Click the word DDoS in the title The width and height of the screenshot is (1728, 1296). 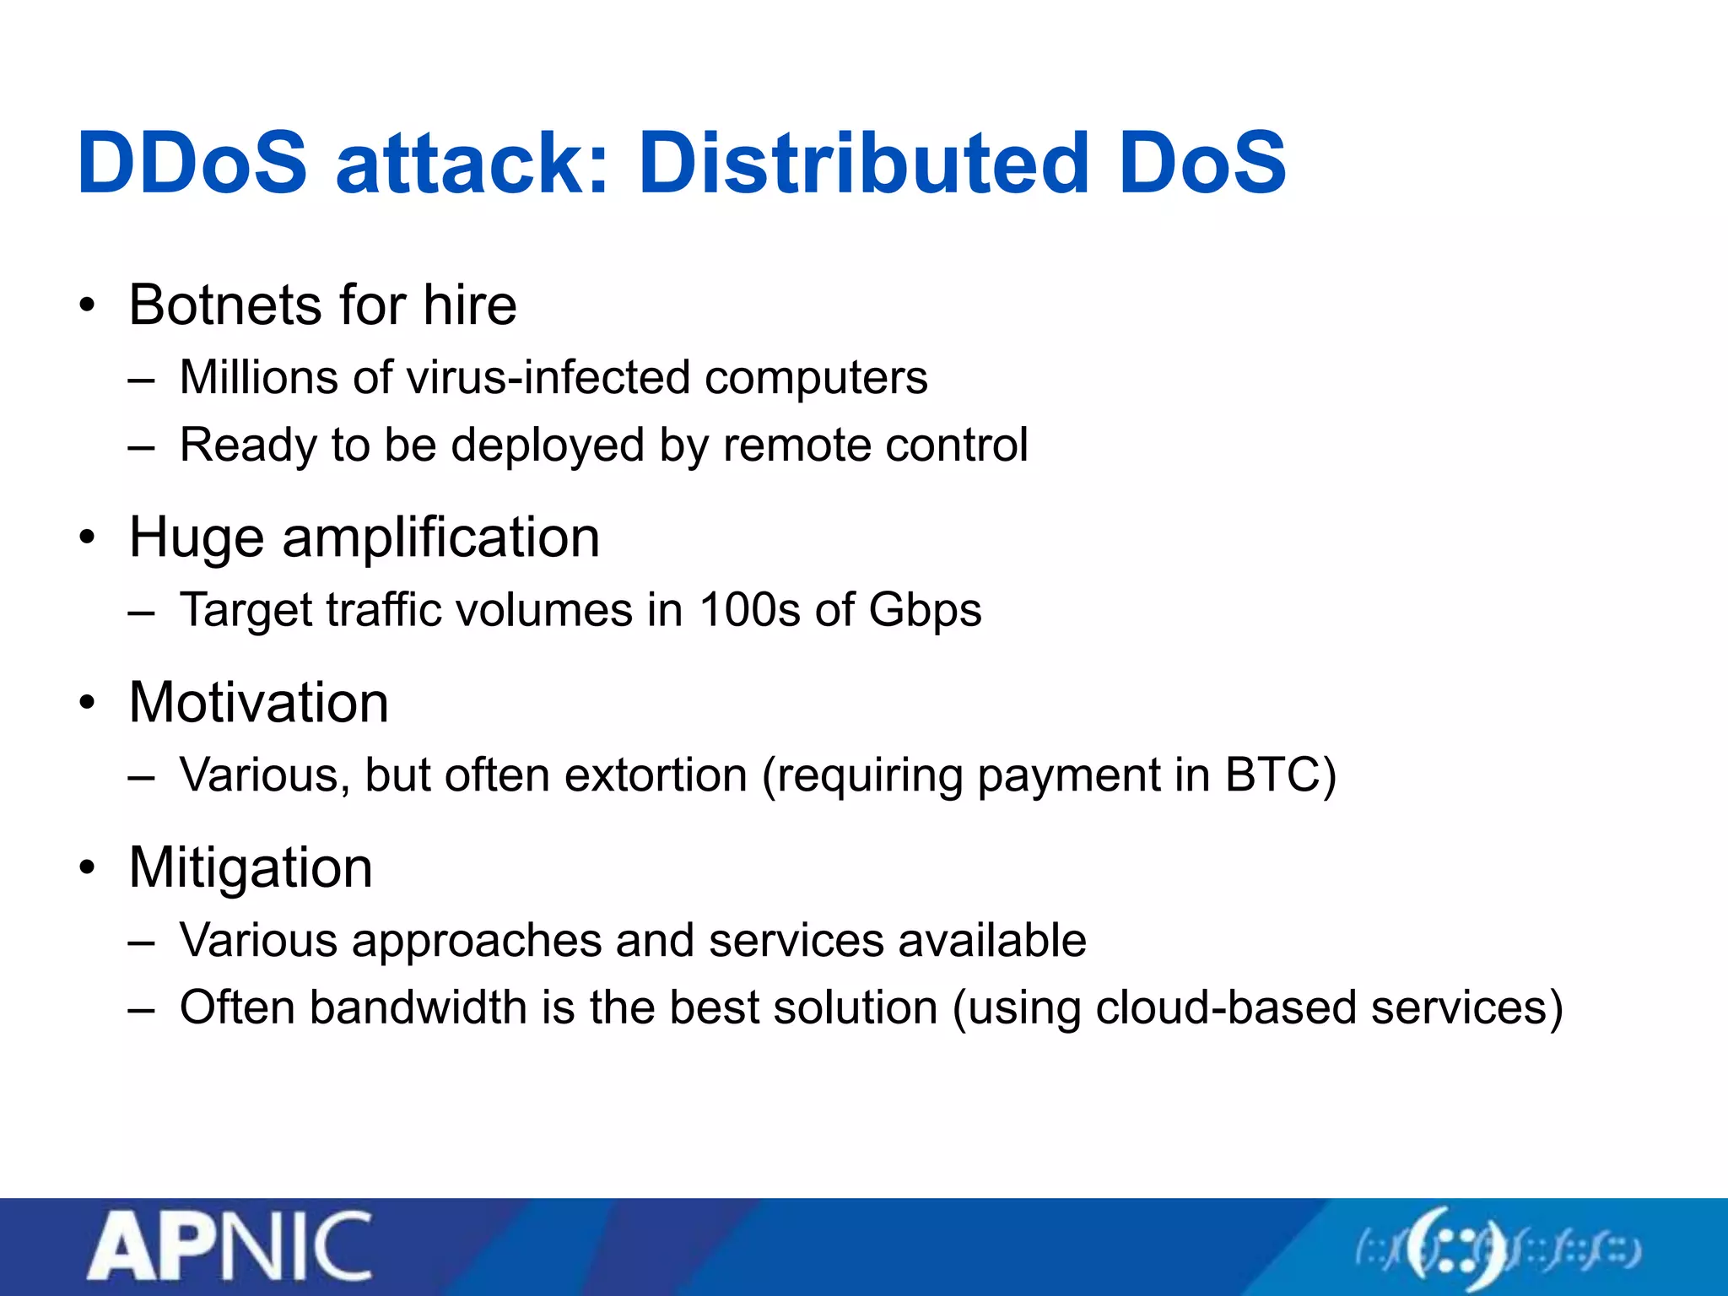pyautogui.click(x=192, y=162)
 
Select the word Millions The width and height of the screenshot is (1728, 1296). pyautogui.click(x=258, y=377)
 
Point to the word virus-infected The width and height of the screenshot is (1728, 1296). pyautogui.click(x=548, y=377)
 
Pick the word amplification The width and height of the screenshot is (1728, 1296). pyautogui.click(x=440, y=537)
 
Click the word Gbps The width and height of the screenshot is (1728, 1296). pyautogui.click(x=925, y=611)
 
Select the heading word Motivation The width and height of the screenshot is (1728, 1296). pyautogui.click(x=258, y=702)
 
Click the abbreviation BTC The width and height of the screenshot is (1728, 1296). pyautogui.click(x=1272, y=775)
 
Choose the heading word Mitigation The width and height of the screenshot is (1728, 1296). pyautogui.click(x=251, y=867)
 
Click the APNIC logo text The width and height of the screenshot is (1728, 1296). pyautogui.click(x=229, y=1246)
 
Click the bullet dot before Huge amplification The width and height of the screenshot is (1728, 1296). pyautogui.click(x=87, y=537)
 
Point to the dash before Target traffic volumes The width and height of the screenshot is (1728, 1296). pyautogui.click(x=141, y=611)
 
